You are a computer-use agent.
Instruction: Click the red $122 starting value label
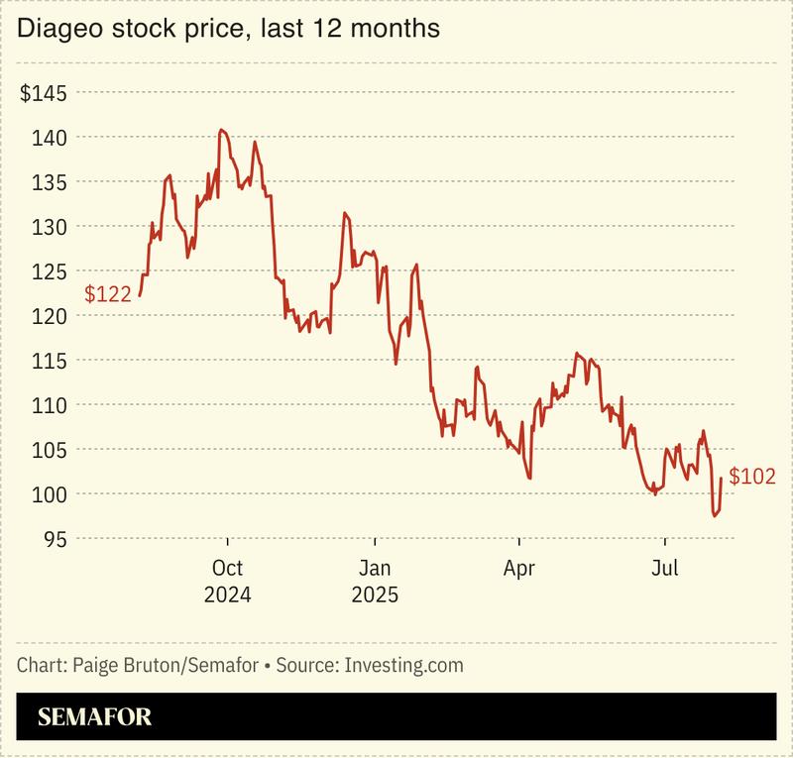tap(107, 294)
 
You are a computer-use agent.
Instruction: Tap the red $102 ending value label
tap(751, 477)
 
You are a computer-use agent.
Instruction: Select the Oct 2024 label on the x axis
tap(228, 583)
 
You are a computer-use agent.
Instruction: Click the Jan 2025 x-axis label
tap(374, 583)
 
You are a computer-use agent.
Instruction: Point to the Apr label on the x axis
tap(519, 570)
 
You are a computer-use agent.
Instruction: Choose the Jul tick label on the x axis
tap(664, 570)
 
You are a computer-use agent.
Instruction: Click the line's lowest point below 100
tap(713, 515)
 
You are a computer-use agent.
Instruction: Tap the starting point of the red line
tap(140, 295)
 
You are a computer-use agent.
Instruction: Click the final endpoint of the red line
tap(722, 478)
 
